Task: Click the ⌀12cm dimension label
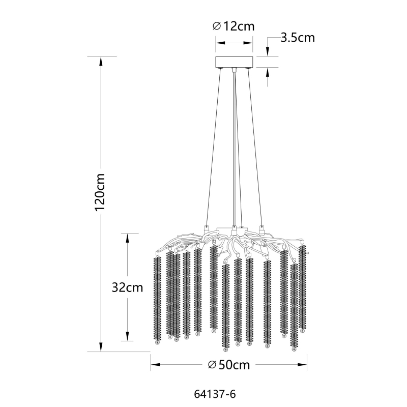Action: (x=234, y=26)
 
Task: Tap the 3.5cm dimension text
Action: (x=298, y=38)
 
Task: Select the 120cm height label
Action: (x=100, y=192)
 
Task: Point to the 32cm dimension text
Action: (x=127, y=287)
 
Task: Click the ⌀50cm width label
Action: (x=229, y=365)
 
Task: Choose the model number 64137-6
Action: (x=215, y=394)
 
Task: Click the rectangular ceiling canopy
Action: (x=234, y=62)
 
